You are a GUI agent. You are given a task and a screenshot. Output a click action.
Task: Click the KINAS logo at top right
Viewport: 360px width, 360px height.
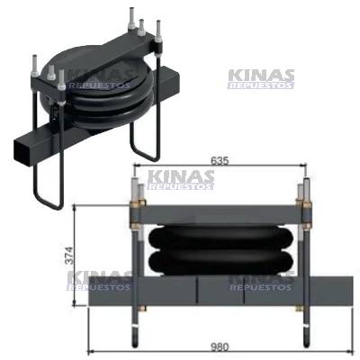tap(261, 78)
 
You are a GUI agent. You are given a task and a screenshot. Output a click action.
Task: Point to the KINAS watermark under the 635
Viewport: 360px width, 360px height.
tap(180, 180)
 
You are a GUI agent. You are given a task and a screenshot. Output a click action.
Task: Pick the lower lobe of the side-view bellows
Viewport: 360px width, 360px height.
tap(221, 263)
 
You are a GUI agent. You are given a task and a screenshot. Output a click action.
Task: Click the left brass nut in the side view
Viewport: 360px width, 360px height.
tap(138, 212)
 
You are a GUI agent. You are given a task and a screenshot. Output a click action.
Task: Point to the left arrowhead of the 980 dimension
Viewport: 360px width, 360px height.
tap(91, 351)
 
